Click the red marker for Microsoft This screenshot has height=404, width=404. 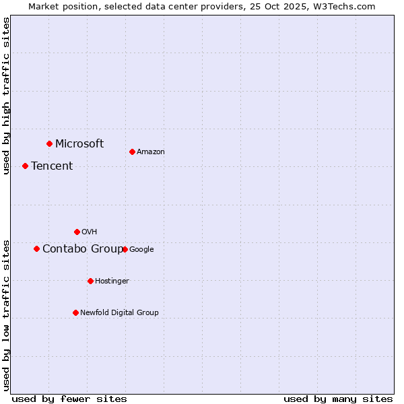pyautogui.click(x=49, y=143)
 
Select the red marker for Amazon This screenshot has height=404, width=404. pyautogui.click(x=132, y=151)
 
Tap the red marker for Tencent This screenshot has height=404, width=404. pyautogui.click(x=25, y=166)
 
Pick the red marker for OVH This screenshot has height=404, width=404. pyautogui.click(x=77, y=232)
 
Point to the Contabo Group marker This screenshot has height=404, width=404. pyautogui.click(x=36, y=248)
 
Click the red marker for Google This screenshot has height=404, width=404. pyautogui.click(x=125, y=249)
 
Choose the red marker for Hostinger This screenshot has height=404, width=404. pyautogui.click(x=90, y=281)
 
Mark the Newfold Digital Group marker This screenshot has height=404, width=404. pyautogui.click(x=75, y=312)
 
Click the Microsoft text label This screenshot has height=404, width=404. pyautogui.click(x=79, y=143)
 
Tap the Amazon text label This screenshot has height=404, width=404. pyautogui.click(x=151, y=151)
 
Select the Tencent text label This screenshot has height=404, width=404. pyautogui.click(x=52, y=166)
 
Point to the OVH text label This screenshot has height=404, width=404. pyautogui.click(x=90, y=232)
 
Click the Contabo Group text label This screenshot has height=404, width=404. pyautogui.click(x=83, y=248)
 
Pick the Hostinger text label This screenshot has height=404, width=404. pyautogui.click(x=112, y=281)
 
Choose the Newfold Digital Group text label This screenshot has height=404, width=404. pyautogui.click(x=119, y=312)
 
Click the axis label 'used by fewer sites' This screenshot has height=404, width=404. pyautogui.click(x=69, y=399)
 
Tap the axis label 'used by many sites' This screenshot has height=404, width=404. pyautogui.click(x=338, y=399)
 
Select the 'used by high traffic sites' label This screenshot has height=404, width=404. pyautogui.click(x=6, y=96)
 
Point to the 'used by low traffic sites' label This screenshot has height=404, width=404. pyautogui.click(x=6, y=314)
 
